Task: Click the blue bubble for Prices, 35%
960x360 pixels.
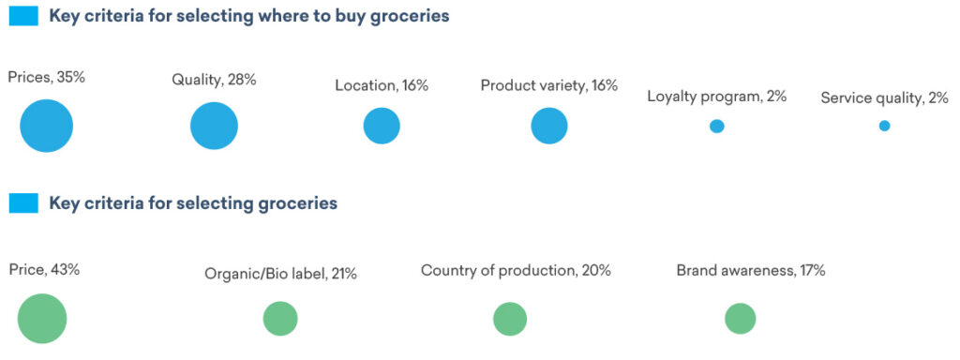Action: click(x=47, y=126)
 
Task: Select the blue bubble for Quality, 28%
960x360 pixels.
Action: click(x=214, y=126)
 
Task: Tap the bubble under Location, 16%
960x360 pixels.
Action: click(x=382, y=126)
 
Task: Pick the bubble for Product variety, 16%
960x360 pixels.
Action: click(x=549, y=126)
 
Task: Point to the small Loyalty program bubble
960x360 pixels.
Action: click(x=717, y=127)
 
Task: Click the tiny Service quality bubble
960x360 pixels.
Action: click(x=885, y=126)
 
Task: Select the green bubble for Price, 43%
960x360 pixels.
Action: click(x=42, y=319)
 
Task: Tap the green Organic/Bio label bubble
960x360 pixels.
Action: click(x=280, y=319)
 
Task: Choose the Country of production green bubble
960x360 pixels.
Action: click(x=510, y=319)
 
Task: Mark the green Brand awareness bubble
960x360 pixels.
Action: click(x=741, y=319)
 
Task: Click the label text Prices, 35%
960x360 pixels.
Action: click(x=46, y=78)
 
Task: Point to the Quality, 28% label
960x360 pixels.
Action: click(x=214, y=80)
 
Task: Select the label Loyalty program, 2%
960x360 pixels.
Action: click(x=717, y=97)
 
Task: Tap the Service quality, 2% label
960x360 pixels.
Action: click(x=885, y=97)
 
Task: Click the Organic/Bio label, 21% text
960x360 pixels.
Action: click(x=280, y=274)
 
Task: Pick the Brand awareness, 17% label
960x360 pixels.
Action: click(x=751, y=270)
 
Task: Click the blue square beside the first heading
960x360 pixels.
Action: click(x=23, y=17)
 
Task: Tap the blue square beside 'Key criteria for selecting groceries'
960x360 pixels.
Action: click(x=23, y=203)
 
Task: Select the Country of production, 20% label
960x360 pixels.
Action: click(x=516, y=270)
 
